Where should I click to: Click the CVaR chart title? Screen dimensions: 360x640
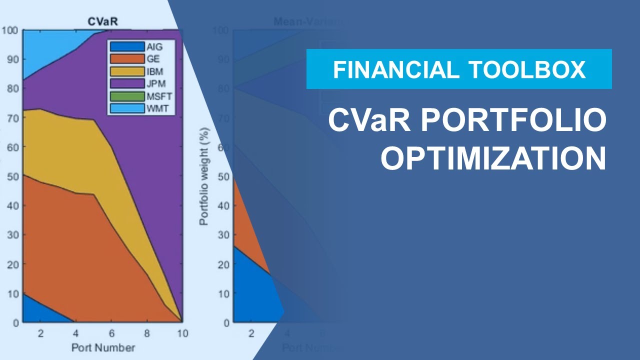(103, 21)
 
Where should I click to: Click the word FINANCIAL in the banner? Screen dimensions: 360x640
(395, 69)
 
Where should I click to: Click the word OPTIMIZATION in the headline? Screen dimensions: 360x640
(493, 159)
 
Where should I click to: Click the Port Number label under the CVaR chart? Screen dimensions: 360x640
(103, 347)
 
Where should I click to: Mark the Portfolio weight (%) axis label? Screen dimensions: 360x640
(204, 176)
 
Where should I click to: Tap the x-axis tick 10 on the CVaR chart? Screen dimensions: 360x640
(182, 333)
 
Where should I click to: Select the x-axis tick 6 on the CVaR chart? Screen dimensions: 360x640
(111, 333)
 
